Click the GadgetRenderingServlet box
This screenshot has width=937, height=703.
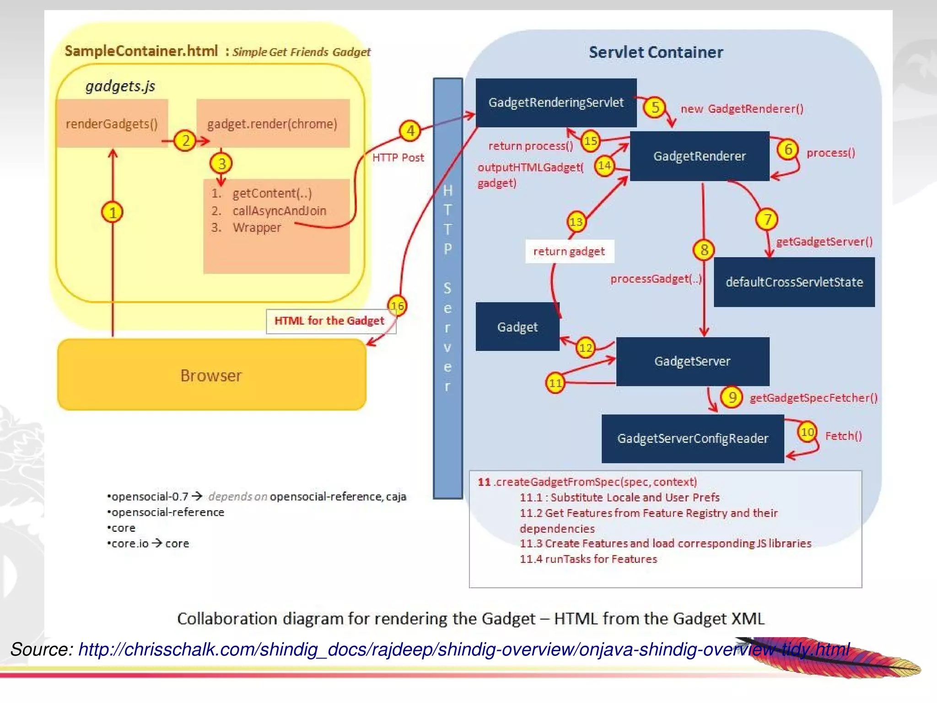tap(556, 103)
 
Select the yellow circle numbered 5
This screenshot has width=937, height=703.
tap(655, 108)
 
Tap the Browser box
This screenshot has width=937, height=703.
tap(211, 375)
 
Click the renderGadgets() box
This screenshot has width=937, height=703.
tap(112, 124)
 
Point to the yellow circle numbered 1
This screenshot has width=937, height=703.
tap(113, 212)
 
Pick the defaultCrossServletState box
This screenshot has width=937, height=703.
tap(794, 282)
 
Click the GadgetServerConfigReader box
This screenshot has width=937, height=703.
tap(692, 438)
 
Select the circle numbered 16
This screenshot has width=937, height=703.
tap(397, 306)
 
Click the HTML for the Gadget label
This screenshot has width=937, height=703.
tap(329, 321)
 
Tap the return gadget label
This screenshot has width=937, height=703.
tap(569, 251)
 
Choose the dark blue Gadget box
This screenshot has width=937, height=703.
tap(517, 327)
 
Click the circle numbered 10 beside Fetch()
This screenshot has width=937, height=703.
tap(807, 432)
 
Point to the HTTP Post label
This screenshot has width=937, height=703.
tap(398, 157)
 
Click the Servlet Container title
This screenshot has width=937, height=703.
tap(656, 52)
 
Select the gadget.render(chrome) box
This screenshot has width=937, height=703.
tap(273, 124)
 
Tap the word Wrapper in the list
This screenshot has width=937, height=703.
tap(257, 227)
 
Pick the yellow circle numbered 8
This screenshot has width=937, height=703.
tap(704, 250)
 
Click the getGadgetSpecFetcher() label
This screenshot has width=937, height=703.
tap(813, 398)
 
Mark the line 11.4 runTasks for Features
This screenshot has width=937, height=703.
tap(588, 559)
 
